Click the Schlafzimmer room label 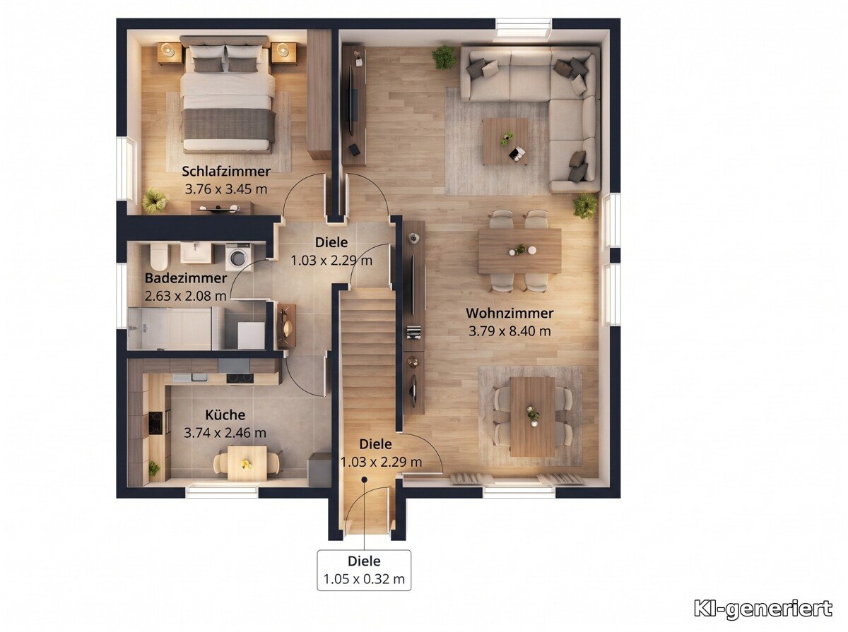(x=226, y=171)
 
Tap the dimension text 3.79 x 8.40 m (x=510, y=331)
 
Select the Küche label (x=225, y=415)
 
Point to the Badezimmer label (x=186, y=278)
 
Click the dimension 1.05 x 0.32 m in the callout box (x=364, y=579)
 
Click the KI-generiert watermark (x=763, y=609)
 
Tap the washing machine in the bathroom (x=237, y=255)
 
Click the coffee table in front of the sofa (x=506, y=141)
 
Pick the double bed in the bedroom (x=228, y=95)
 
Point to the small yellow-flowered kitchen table (x=247, y=463)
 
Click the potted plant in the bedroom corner (x=154, y=201)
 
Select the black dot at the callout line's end (x=364, y=479)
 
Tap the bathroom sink (x=196, y=253)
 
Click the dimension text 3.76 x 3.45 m (x=226, y=189)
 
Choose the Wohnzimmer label (x=510, y=313)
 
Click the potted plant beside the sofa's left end (x=444, y=57)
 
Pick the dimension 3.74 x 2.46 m (x=225, y=433)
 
